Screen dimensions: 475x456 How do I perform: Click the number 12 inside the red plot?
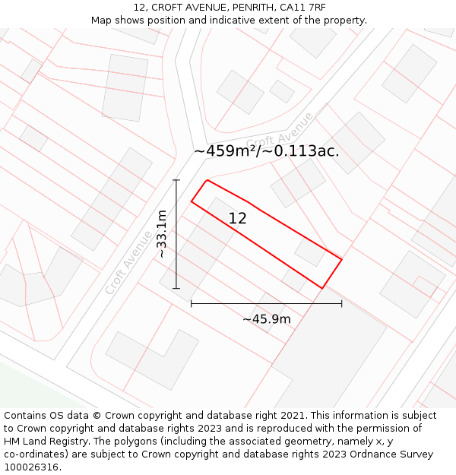[x=238, y=218]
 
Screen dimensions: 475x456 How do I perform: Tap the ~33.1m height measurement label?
[x=162, y=235]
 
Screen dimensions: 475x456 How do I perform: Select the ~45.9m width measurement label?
[x=266, y=319]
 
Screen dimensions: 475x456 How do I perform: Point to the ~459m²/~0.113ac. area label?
[x=266, y=151]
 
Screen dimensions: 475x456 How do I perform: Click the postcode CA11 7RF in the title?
[x=302, y=7]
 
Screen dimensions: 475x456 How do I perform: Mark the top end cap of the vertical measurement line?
[x=176, y=180]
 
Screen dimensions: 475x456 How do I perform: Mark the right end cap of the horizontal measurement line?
[x=341, y=303]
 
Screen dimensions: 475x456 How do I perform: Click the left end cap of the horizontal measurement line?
[x=192, y=303]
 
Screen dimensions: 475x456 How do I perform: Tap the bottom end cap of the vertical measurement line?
[x=176, y=289]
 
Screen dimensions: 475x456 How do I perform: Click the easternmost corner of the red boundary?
[x=341, y=260]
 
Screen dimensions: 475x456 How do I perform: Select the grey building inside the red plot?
[x=310, y=251]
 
